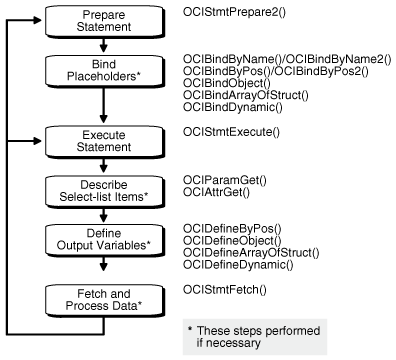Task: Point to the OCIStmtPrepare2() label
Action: tap(238, 11)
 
